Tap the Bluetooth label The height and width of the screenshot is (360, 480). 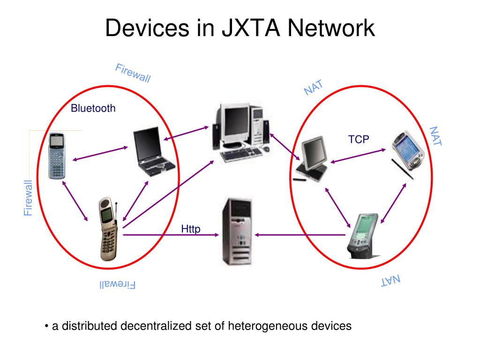click(x=93, y=109)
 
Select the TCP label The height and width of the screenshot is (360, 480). click(x=359, y=139)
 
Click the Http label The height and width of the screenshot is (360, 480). click(x=191, y=229)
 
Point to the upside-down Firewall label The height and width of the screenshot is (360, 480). click(x=117, y=285)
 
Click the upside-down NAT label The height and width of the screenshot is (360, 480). click(x=390, y=281)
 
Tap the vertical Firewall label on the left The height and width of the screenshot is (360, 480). click(x=29, y=198)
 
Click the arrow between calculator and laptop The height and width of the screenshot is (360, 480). click(x=100, y=154)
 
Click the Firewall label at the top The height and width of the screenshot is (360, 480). click(x=133, y=73)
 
